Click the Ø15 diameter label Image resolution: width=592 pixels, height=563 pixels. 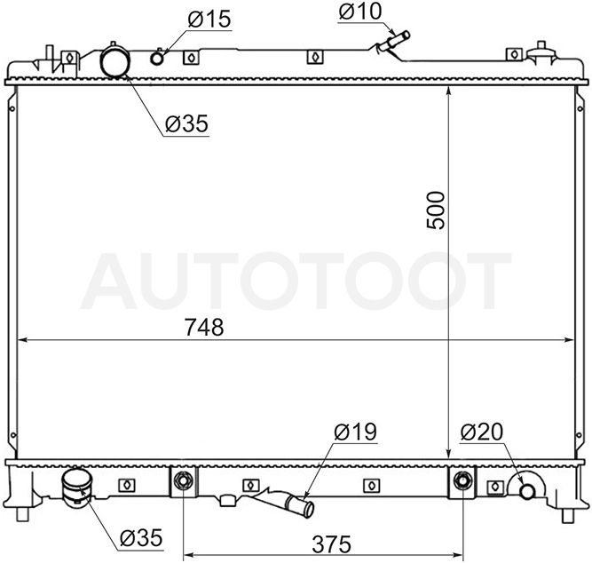pyautogui.click(x=209, y=19)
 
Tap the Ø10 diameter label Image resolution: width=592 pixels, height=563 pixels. pyautogui.click(x=360, y=11)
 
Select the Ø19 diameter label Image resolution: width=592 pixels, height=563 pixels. pyautogui.click(x=355, y=432)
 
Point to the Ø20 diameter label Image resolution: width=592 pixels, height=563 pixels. pyautogui.click(x=482, y=432)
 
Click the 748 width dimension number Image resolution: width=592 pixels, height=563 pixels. pyautogui.click(x=204, y=327)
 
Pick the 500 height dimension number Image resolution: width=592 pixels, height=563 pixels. pyautogui.click(x=436, y=210)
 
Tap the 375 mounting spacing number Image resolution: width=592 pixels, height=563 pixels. pyautogui.click(x=331, y=544)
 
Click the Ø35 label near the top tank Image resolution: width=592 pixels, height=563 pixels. pyautogui.click(x=186, y=123)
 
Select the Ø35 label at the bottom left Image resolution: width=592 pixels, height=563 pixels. pyautogui.click(x=141, y=537)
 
